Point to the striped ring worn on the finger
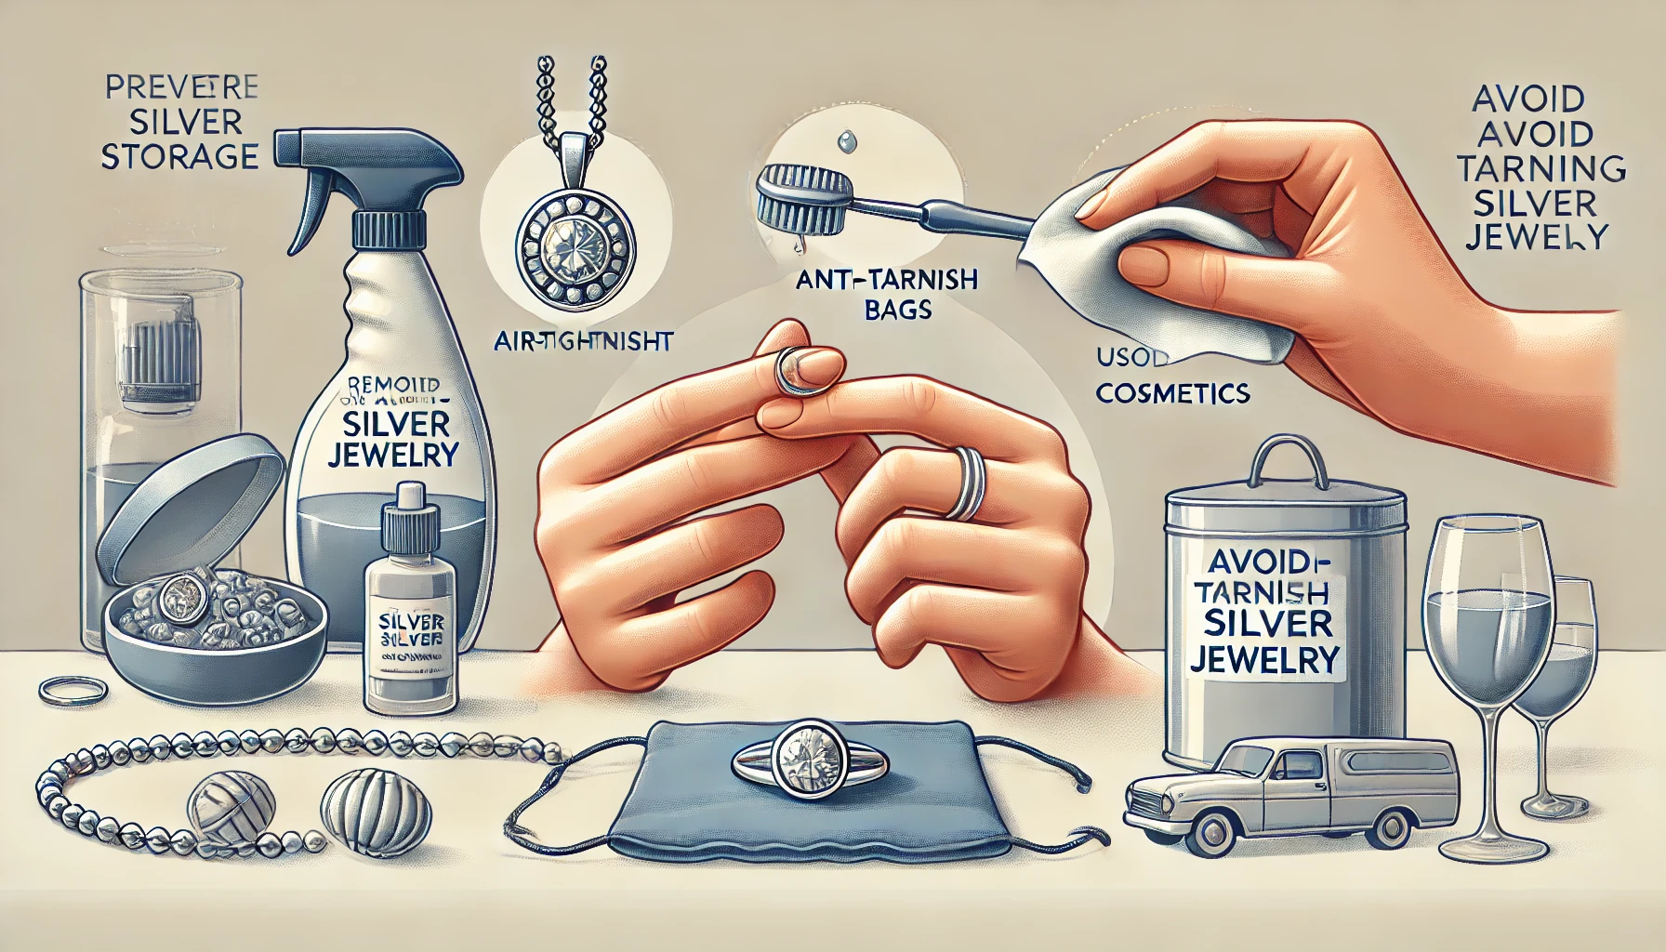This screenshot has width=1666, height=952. (x=968, y=482)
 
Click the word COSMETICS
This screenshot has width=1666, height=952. (x=1171, y=392)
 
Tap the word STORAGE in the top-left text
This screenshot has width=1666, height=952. (x=178, y=155)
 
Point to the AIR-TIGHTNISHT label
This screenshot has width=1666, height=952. (x=582, y=342)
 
